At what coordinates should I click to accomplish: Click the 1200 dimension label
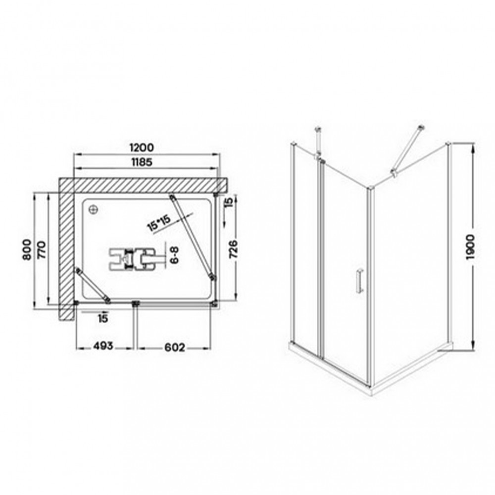[x=142, y=148]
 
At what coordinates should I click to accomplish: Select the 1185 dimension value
[x=142, y=162]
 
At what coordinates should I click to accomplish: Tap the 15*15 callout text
[x=159, y=222]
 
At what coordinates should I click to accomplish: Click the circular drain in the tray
[x=93, y=210]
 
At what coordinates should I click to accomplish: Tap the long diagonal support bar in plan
[x=192, y=237]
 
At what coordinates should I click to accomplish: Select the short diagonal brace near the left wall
[x=92, y=284]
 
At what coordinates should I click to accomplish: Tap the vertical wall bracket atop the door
[x=318, y=141]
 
